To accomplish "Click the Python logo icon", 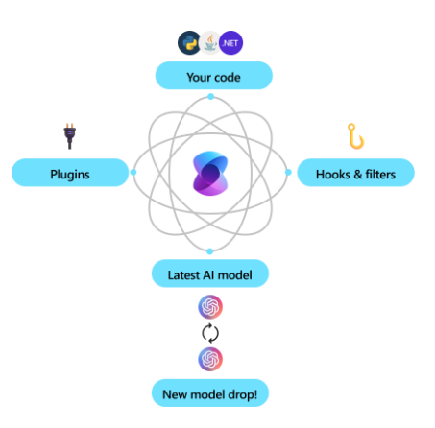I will [188, 42].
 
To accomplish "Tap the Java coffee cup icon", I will [209, 43].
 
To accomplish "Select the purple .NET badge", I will [231, 43].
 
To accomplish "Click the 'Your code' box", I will [213, 75].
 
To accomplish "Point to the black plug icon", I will [69, 136].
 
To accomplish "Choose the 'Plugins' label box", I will [69, 174].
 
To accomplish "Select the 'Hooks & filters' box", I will [354, 174].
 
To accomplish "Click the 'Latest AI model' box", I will [209, 274].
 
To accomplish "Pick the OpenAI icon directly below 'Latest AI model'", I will [210, 307].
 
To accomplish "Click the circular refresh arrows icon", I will [210, 333].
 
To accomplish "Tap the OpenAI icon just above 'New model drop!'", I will [210, 359].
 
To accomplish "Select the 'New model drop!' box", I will [209, 392].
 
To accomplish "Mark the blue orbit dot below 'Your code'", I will [210, 97].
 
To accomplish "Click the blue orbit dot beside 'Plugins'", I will [133, 173].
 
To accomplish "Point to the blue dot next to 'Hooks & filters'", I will [287, 173].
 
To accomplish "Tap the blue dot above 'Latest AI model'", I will [210, 251].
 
